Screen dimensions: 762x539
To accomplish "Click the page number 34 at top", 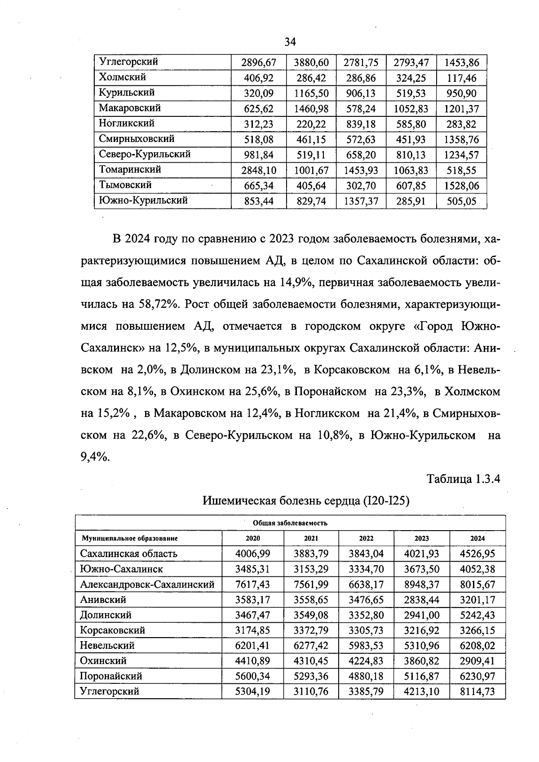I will [290, 42].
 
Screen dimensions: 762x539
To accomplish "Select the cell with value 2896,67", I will [258, 62].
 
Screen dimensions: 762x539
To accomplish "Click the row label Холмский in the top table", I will [122, 77].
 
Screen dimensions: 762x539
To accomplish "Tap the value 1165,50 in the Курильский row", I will [311, 93].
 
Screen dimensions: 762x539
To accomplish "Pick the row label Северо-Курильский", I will [145, 154].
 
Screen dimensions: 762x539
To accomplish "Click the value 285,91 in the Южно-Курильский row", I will [411, 201].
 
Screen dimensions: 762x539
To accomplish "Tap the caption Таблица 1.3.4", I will [463, 479].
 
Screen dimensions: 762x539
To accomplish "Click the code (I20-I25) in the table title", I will [385, 500].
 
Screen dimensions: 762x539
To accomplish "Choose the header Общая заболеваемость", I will [290, 523].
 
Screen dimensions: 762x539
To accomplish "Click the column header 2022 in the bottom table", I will [366, 538].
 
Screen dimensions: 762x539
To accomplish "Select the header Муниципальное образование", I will [129, 538].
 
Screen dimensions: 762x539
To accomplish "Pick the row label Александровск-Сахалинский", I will [147, 585].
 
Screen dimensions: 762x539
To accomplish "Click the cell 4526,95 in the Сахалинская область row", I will [477, 554].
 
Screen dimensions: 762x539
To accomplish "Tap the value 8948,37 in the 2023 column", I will [421, 585].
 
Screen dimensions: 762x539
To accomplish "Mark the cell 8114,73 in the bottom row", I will [477, 691].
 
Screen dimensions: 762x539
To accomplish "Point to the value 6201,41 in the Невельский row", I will [252, 646].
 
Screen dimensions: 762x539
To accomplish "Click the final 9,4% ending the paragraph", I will [95, 457].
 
